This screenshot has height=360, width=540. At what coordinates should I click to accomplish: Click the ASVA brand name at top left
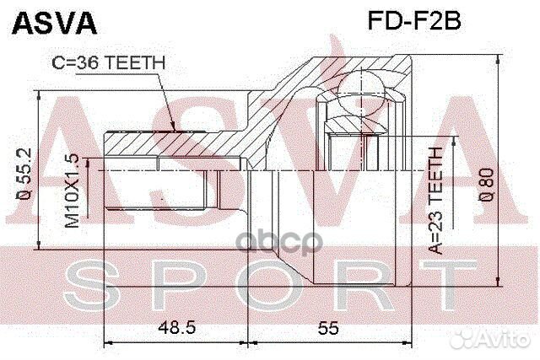(52, 22)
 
